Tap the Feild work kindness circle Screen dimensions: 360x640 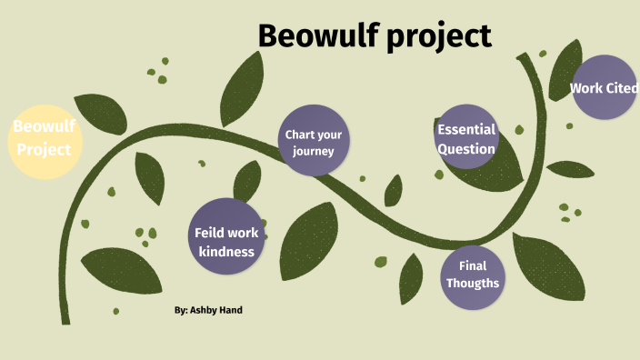coord(226,235)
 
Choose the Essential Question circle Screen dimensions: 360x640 coord(466,136)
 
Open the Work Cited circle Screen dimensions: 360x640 coord(605,88)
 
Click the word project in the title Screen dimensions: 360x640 coord(435,36)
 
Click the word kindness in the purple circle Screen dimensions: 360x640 coord(226,251)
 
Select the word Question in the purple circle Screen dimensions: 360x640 coord(466,149)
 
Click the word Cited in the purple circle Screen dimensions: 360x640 coord(623,88)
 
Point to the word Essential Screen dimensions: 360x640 coord(466,128)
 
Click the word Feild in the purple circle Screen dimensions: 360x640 coord(209,233)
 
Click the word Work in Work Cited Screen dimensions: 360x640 coord(586,88)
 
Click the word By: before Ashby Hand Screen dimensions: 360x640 coord(181,310)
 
